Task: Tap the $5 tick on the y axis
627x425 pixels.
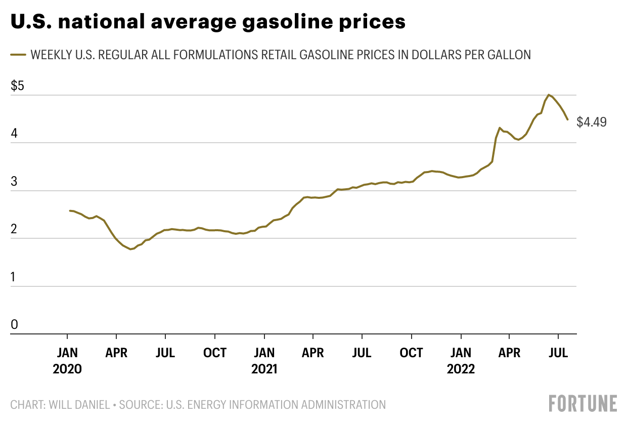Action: click(x=17, y=86)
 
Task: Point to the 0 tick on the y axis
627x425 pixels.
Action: click(x=14, y=324)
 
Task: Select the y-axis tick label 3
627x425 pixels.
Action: click(x=14, y=182)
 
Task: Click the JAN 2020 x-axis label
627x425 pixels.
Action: click(x=67, y=360)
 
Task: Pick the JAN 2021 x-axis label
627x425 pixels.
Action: click(x=264, y=360)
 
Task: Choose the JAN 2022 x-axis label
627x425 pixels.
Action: click(x=461, y=360)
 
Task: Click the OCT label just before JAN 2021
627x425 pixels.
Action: click(x=215, y=353)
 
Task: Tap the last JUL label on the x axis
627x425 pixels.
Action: click(x=558, y=353)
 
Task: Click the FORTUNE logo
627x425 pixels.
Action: click(x=583, y=403)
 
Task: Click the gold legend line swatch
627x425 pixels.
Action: click(x=18, y=54)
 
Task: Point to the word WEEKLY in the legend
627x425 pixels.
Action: click(x=51, y=55)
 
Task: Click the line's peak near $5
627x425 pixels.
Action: click(x=549, y=95)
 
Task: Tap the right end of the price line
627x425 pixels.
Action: click(x=567, y=119)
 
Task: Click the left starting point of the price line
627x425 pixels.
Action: click(x=70, y=210)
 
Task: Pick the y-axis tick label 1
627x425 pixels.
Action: click(x=14, y=277)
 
